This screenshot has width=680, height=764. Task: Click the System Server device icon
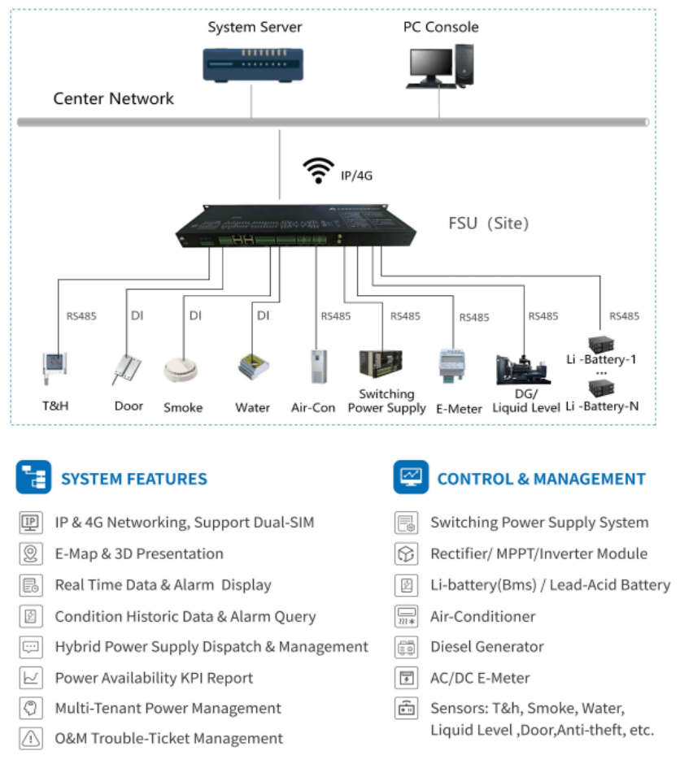(253, 64)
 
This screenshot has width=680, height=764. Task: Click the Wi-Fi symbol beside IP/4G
(318, 170)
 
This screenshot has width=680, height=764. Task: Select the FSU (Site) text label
(488, 224)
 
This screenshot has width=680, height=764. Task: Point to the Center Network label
(114, 98)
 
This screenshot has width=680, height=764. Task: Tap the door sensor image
(126, 369)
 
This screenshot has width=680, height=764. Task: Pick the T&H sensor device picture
(54, 367)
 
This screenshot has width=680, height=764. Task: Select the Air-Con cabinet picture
(319, 367)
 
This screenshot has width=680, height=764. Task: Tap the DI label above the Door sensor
(137, 315)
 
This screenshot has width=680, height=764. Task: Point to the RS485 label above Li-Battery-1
(624, 316)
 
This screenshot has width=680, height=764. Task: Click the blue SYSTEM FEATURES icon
(33, 477)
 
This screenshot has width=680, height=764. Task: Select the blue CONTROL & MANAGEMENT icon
(411, 477)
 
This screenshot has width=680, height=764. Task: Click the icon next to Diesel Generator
(406, 647)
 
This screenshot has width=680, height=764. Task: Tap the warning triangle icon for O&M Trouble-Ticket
(31, 738)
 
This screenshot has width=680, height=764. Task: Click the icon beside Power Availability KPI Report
(31, 678)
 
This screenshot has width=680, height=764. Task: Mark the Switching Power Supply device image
(381, 363)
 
